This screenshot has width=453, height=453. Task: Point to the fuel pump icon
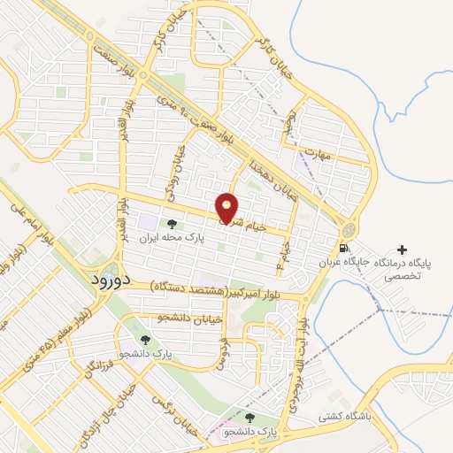pos(342,247)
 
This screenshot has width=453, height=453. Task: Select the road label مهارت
pos(315,151)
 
